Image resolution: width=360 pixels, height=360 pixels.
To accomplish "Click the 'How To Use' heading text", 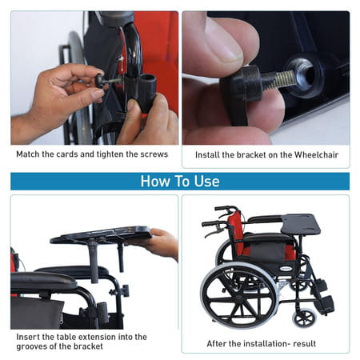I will pyautogui.click(x=179, y=181).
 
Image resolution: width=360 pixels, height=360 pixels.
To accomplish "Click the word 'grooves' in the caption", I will pyautogui.click(x=30, y=347).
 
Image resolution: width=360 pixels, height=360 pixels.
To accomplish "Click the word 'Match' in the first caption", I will pyautogui.click(x=28, y=154).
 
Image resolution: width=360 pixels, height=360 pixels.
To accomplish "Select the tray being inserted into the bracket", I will pyautogui.click(x=100, y=235).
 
